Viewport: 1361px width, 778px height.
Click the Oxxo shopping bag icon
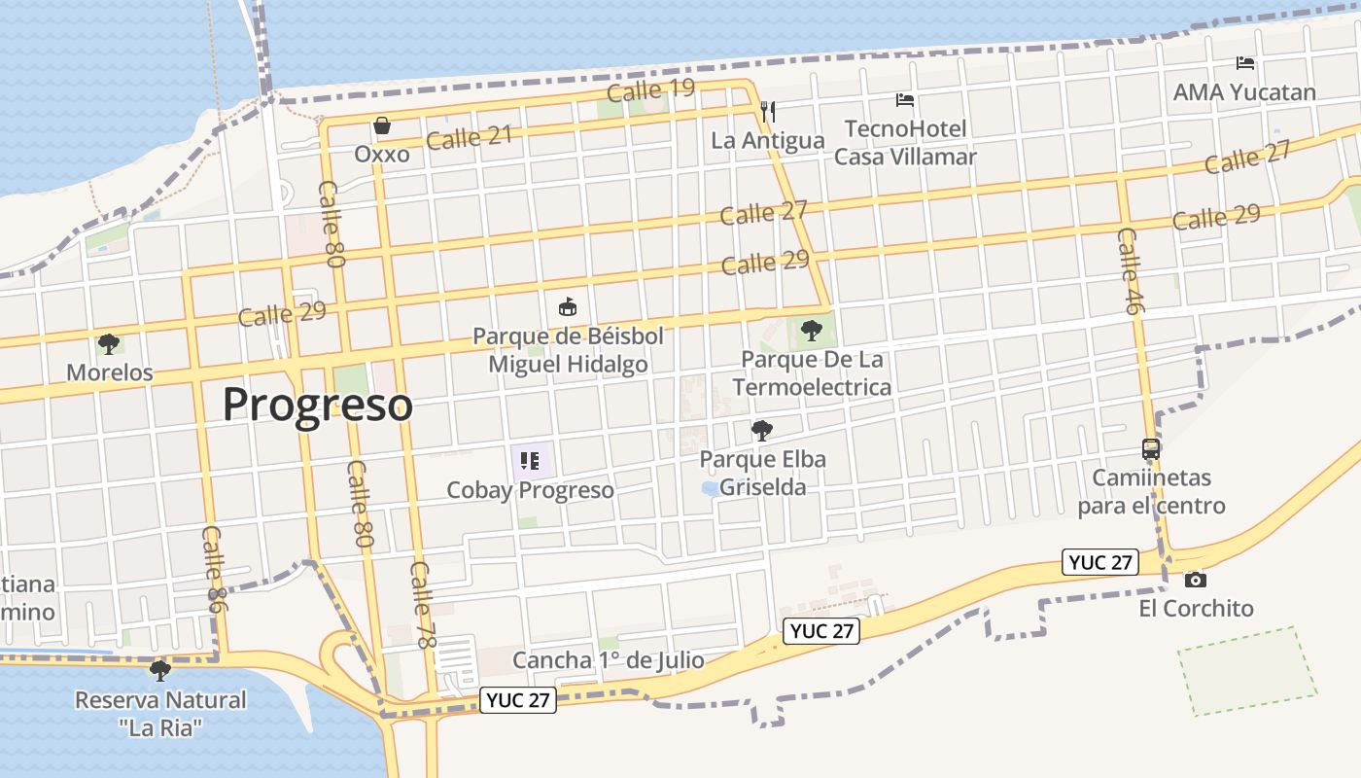(381, 125)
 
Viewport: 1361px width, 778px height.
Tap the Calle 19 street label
(650, 90)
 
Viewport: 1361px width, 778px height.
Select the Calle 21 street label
(469, 137)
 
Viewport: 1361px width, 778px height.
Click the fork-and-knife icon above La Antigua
(768, 111)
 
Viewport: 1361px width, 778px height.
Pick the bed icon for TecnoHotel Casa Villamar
(905, 100)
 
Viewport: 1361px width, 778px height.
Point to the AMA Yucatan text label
(1244, 92)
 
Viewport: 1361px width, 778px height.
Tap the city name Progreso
(318, 404)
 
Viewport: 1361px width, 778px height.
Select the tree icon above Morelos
(109, 343)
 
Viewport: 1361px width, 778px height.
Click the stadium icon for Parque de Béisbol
(568, 307)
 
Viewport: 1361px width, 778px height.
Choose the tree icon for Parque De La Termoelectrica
(811, 331)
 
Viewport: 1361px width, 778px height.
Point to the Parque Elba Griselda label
(763, 473)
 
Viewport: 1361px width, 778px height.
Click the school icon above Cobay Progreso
(530, 460)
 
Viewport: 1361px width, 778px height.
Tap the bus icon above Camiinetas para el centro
(1151, 449)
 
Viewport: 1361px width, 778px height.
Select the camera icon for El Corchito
(1196, 580)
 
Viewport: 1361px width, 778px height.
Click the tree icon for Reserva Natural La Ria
(160, 670)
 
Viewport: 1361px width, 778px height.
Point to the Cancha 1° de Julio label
(609, 660)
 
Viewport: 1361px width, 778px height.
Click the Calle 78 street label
(421, 592)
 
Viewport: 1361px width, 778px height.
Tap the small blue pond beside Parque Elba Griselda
(711, 488)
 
